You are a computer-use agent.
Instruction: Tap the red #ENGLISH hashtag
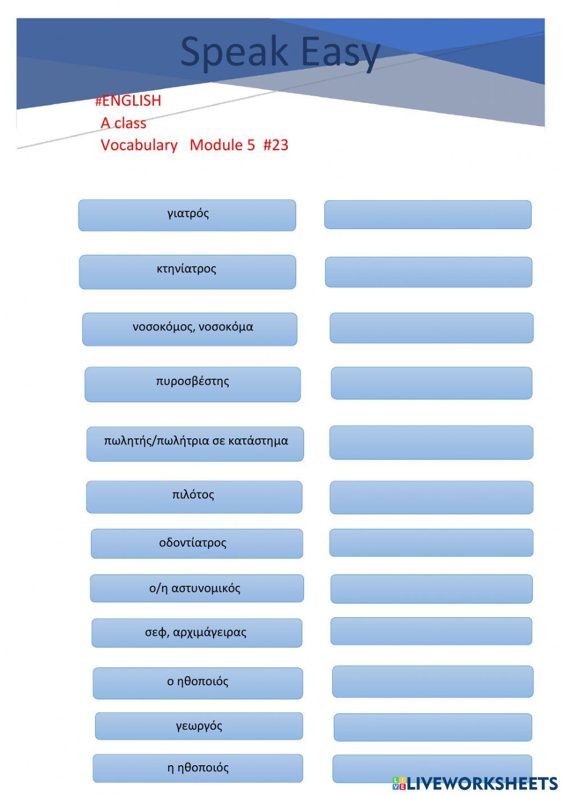pos(128,101)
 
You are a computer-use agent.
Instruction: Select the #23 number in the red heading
pos(275,145)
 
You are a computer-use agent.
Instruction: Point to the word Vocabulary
pos(139,145)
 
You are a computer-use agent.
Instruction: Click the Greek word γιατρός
pos(188,214)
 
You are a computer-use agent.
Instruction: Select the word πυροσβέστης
pos(193,381)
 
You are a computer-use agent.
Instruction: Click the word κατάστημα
pos(260,441)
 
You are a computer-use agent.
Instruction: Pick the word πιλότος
pos(193,495)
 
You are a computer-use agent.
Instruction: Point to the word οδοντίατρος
pos(193,543)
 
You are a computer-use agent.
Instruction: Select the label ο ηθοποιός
pos(198,682)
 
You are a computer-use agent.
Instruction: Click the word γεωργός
pos(199,726)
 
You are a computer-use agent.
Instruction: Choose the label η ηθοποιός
pos(198,768)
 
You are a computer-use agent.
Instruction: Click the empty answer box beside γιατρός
pos(428,214)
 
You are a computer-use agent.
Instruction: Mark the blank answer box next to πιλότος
pos(431,497)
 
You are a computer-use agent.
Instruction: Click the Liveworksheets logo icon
pos(399,783)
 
